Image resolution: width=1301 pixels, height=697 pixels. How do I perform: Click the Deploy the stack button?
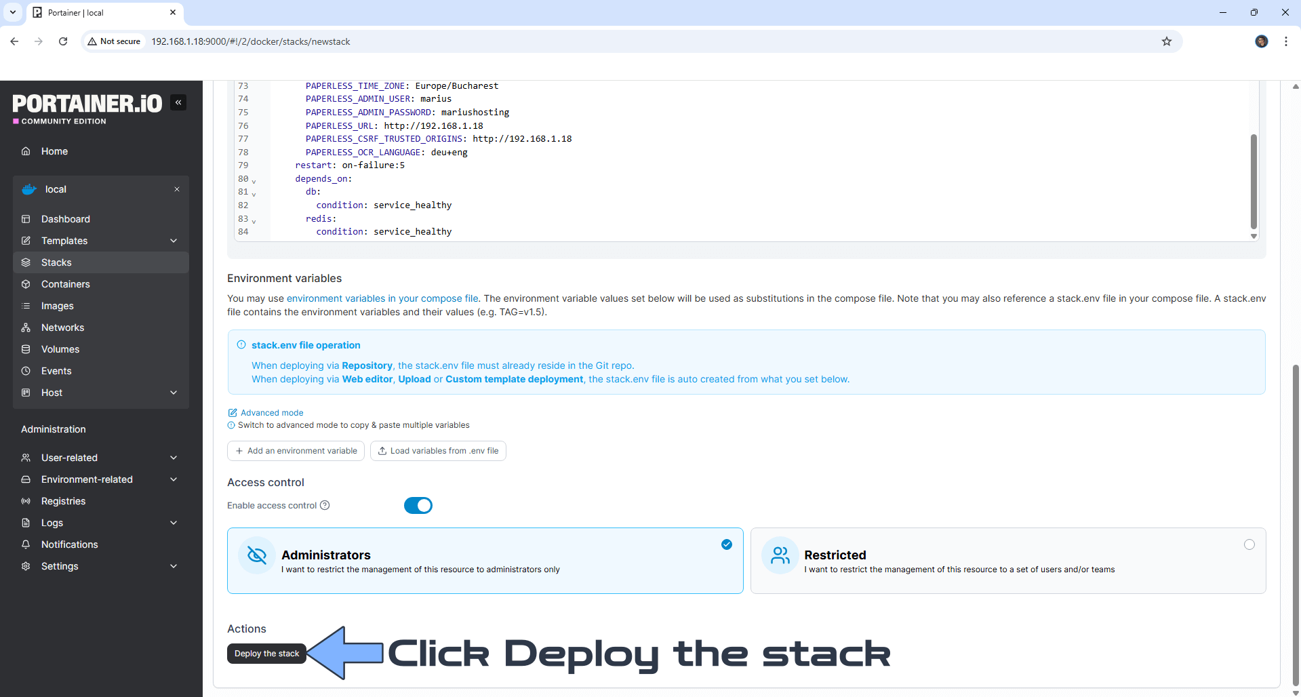tap(266, 654)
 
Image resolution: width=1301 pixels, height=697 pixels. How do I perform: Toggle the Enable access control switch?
tap(418, 506)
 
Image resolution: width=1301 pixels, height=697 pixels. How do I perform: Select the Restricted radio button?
tap(1249, 544)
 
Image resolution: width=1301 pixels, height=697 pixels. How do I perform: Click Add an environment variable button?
tap(296, 451)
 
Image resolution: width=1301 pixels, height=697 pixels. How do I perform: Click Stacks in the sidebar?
tap(56, 262)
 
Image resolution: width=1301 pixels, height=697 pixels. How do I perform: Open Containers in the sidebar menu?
tap(65, 284)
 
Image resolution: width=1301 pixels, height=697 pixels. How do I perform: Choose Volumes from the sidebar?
tap(60, 349)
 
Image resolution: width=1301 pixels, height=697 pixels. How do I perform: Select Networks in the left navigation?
tap(62, 327)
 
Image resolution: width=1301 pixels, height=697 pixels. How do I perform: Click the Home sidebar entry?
tap(54, 151)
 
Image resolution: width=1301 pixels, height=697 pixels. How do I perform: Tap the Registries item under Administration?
tap(63, 501)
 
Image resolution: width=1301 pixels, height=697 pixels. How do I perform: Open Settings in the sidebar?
tap(60, 566)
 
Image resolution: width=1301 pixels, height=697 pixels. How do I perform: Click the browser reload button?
tap(63, 41)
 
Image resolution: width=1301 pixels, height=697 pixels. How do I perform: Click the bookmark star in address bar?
tap(1166, 41)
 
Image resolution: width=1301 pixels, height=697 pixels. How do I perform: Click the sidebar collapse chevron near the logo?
tap(178, 102)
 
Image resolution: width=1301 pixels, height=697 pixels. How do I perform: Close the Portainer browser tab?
tap(173, 12)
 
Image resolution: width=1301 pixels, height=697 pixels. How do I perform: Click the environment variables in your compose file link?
tap(382, 298)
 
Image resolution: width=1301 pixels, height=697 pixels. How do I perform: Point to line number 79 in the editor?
tap(243, 165)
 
